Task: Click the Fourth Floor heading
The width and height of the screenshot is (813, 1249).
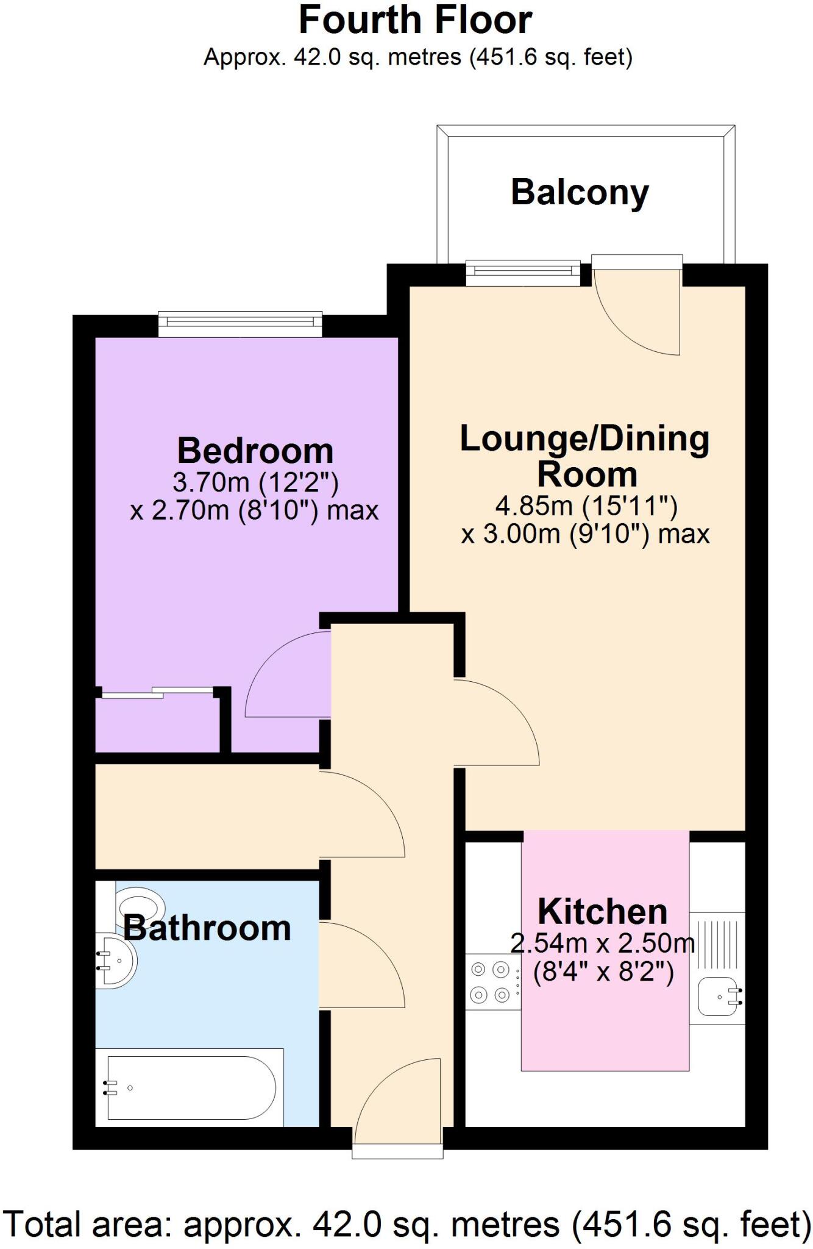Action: point(415,20)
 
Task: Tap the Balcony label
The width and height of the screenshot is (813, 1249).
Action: point(580,193)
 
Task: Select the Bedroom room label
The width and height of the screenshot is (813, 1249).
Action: point(255,451)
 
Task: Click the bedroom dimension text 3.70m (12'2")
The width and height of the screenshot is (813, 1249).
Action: point(255,483)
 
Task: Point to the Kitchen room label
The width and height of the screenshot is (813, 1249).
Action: point(602,912)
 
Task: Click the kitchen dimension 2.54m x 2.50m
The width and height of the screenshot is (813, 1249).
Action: point(602,943)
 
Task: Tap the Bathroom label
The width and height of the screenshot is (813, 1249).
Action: point(207,928)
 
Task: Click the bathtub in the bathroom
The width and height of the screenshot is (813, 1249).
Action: point(190,1087)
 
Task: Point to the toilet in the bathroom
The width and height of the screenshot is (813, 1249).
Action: point(139,904)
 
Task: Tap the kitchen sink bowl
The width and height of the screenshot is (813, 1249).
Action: point(719,997)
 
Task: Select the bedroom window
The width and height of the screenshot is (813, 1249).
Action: point(240,324)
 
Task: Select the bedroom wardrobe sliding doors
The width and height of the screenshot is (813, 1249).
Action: point(157,692)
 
